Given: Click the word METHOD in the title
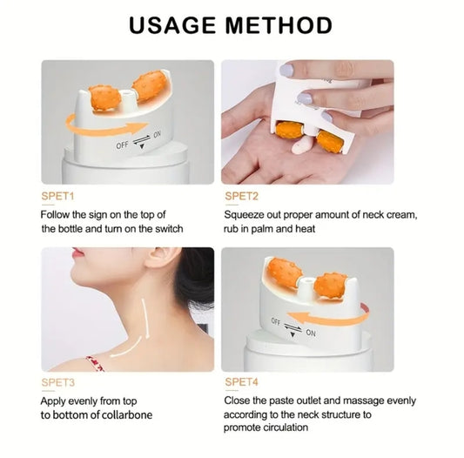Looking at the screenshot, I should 279,24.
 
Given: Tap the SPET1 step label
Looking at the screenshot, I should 58,195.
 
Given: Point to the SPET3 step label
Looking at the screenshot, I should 58,382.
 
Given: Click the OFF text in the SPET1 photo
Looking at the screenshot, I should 122,145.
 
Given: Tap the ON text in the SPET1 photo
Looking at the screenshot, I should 157,135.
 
